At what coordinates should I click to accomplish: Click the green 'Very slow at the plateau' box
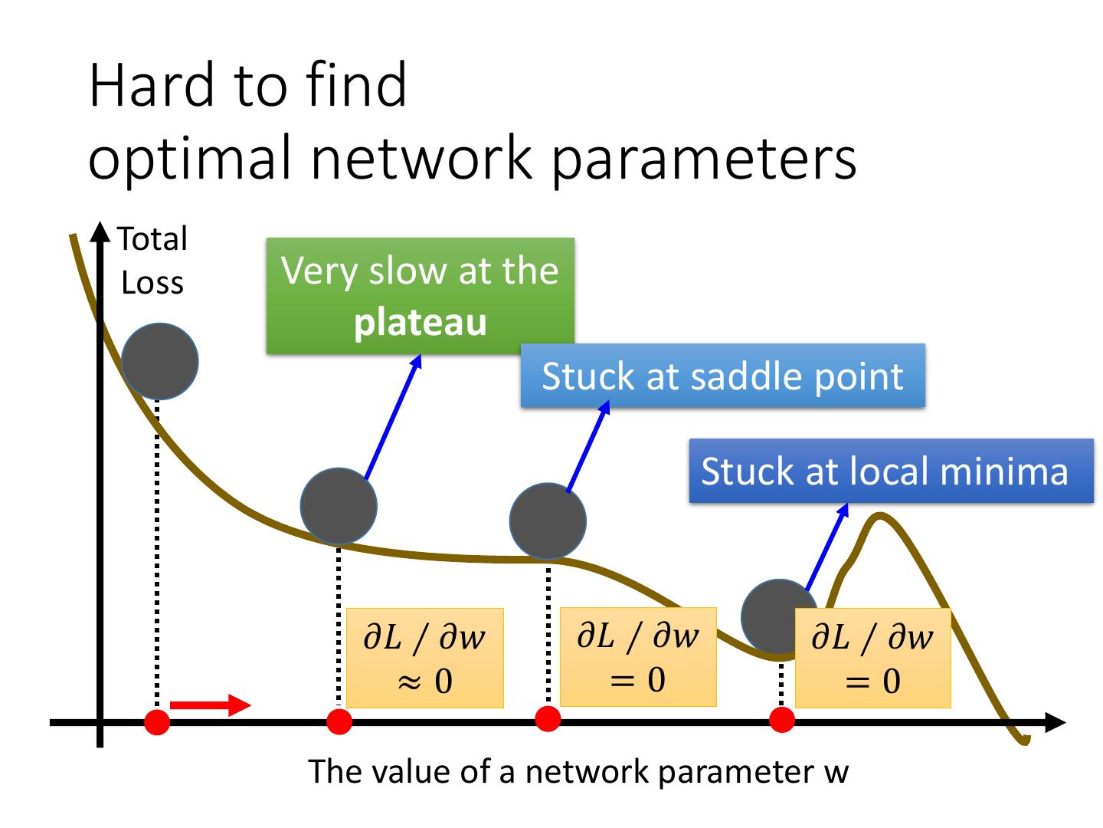point(420,296)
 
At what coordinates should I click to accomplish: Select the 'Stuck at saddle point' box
point(722,376)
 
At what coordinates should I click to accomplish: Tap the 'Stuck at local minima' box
point(891,471)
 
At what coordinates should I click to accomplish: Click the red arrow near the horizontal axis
point(210,705)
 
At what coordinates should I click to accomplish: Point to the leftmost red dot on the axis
point(157,722)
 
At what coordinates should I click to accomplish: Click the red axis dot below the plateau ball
point(339,722)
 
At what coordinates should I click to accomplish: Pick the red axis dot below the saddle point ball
point(548,719)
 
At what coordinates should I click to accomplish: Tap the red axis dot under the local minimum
point(782,720)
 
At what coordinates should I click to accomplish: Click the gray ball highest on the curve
point(160,361)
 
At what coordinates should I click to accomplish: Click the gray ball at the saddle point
point(548,521)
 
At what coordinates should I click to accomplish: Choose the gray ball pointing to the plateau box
point(339,506)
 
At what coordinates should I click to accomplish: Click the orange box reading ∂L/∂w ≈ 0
point(425,658)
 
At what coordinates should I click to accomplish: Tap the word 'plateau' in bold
point(421,322)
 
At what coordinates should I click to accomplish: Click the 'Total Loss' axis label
point(152,261)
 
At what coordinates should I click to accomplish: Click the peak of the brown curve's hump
point(879,515)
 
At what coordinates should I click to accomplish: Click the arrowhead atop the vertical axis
point(100,232)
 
